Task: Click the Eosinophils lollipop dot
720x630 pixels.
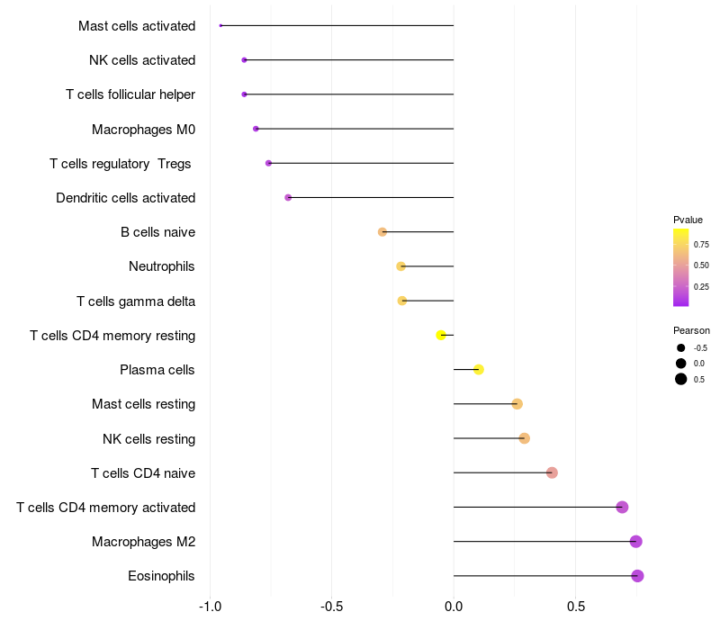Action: point(638,576)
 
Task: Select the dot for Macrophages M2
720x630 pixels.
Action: point(636,542)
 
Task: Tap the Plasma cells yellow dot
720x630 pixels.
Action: point(479,370)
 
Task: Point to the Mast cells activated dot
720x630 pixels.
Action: point(220,26)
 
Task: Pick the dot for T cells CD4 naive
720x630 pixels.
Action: point(552,473)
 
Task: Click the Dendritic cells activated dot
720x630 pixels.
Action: point(288,198)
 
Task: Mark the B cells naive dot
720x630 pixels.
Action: point(382,232)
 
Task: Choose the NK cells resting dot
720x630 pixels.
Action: point(525,438)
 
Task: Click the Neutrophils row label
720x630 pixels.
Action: point(162,266)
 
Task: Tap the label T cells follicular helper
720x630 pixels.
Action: point(130,94)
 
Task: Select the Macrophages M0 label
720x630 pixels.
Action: point(144,130)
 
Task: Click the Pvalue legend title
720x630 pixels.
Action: point(688,220)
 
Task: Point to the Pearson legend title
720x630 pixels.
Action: point(691,330)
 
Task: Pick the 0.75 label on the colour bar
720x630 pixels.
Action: point(701,244)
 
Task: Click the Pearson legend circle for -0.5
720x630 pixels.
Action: point(681,347)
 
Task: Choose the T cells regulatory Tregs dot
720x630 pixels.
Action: point(268,164)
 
